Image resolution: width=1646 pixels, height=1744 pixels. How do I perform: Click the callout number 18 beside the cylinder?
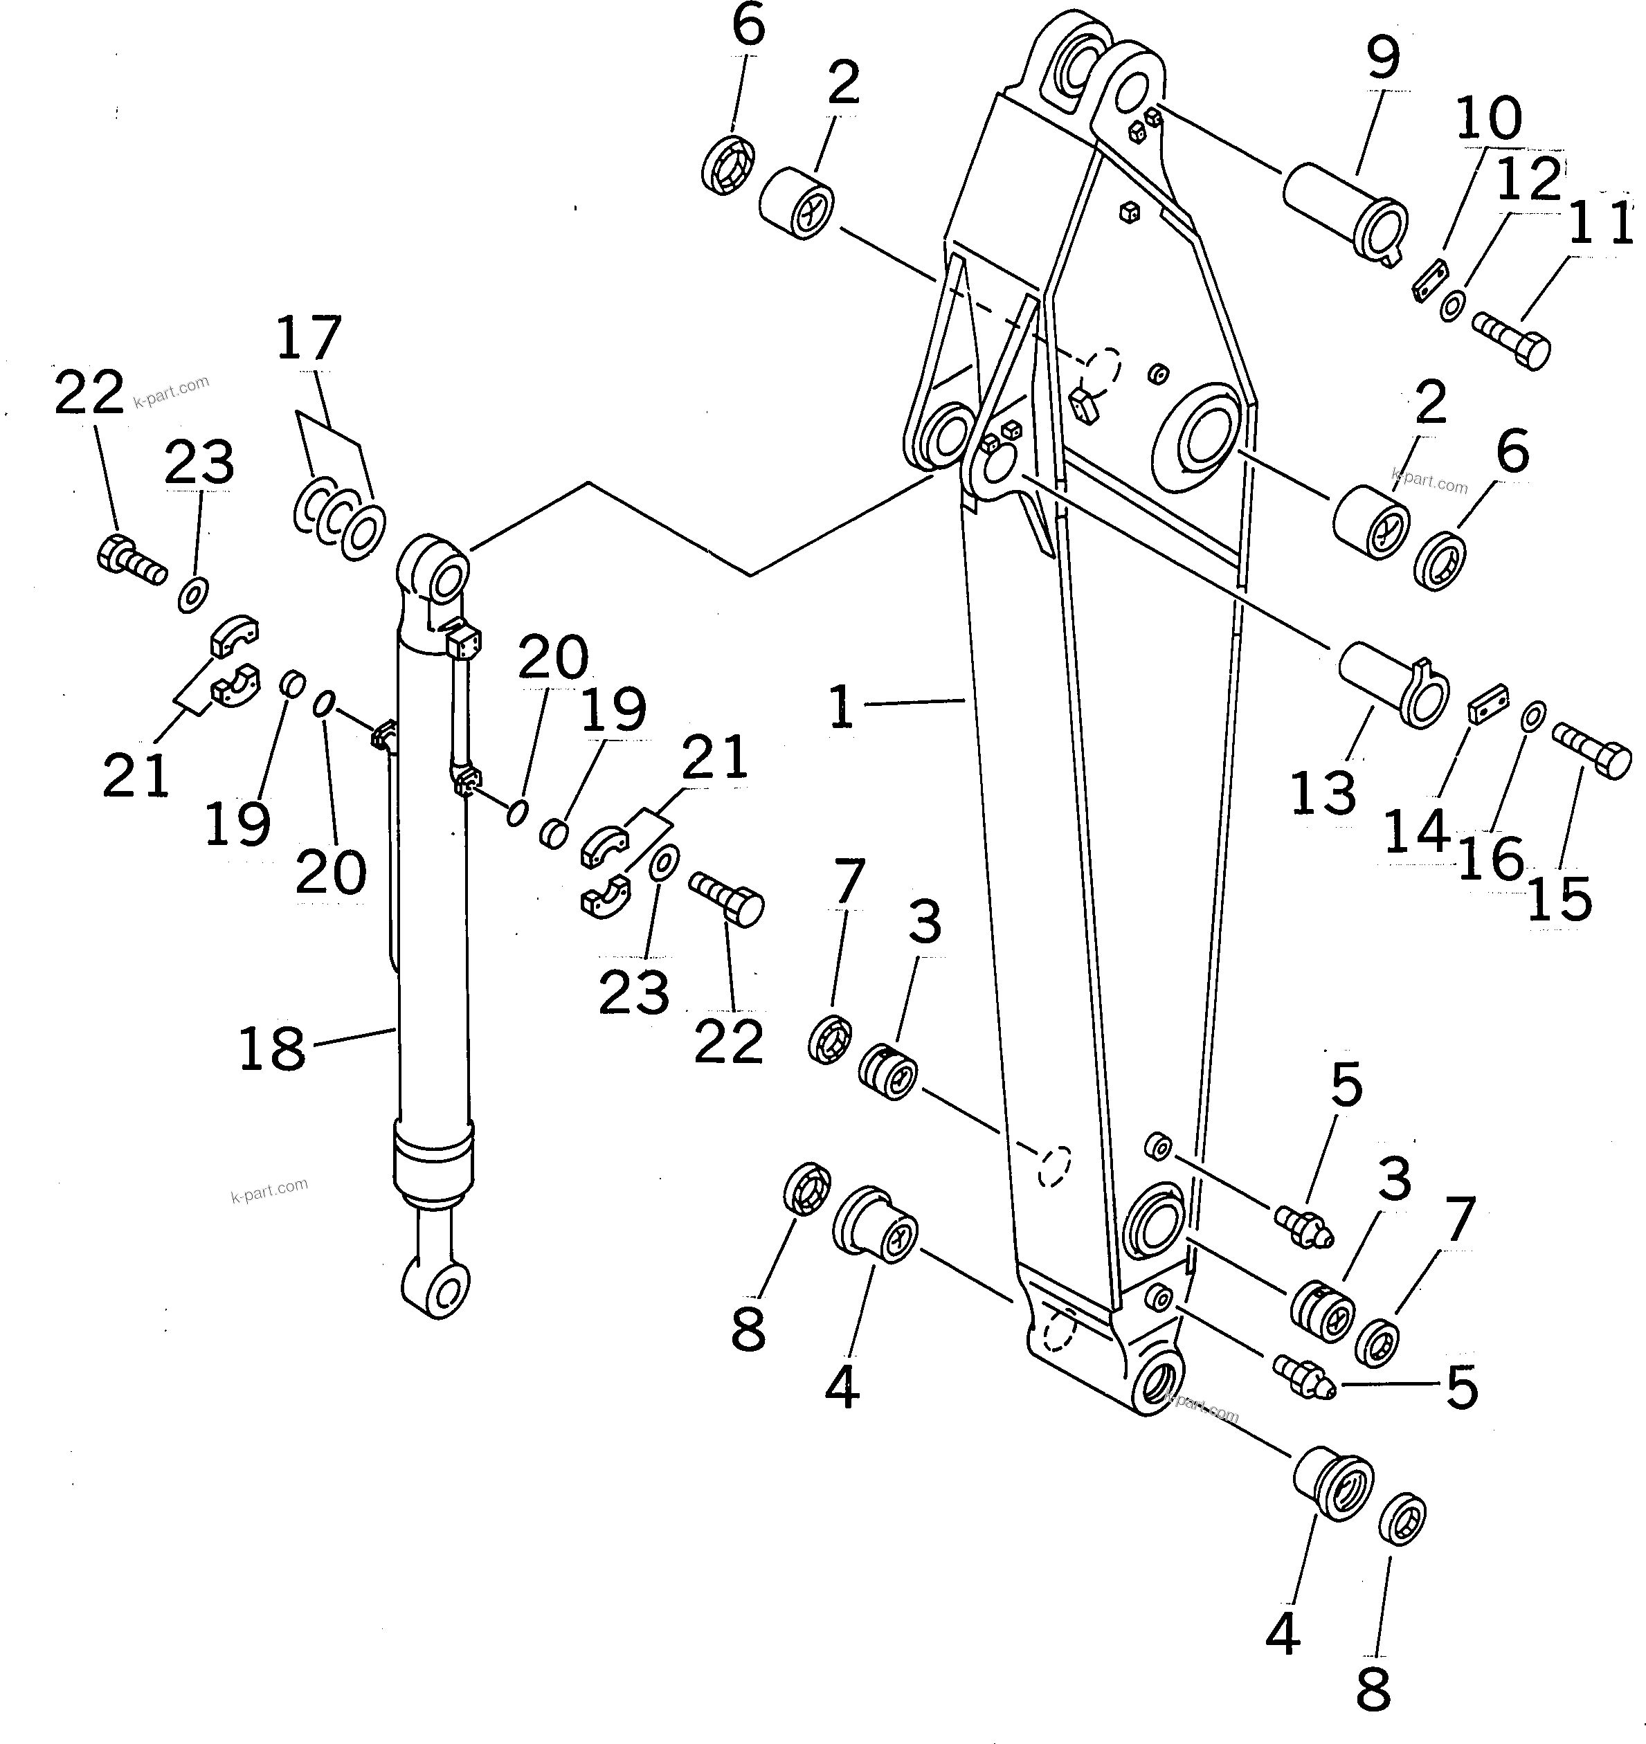click(272, 1048)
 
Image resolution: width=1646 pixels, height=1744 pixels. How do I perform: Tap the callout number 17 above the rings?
click(308, 338)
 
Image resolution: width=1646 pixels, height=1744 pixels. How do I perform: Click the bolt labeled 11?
click(1511, 341)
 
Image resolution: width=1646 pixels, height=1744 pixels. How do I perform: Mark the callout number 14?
click(1416, 832)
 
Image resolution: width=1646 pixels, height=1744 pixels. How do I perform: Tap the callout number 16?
click(1491, 858)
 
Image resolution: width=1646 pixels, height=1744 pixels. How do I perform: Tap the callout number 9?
click(1383, 56)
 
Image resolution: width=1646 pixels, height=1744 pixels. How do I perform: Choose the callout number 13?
click(1323, 794)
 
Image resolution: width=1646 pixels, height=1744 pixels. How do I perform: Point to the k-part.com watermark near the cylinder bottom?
click(269, 1190)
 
